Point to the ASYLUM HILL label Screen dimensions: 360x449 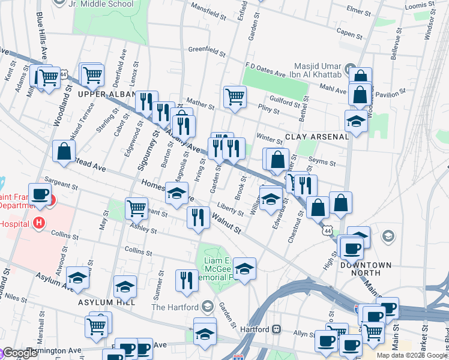tap(100, 303)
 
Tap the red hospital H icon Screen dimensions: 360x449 tap(39, 223)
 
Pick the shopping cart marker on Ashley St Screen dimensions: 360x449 tap(137, 209)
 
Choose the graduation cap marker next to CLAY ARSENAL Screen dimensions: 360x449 tap(356, 121)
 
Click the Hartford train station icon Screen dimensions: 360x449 tap(277, 329)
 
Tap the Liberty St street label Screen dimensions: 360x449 tap(231, 208)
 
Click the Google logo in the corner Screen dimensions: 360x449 tap(19, 352)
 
